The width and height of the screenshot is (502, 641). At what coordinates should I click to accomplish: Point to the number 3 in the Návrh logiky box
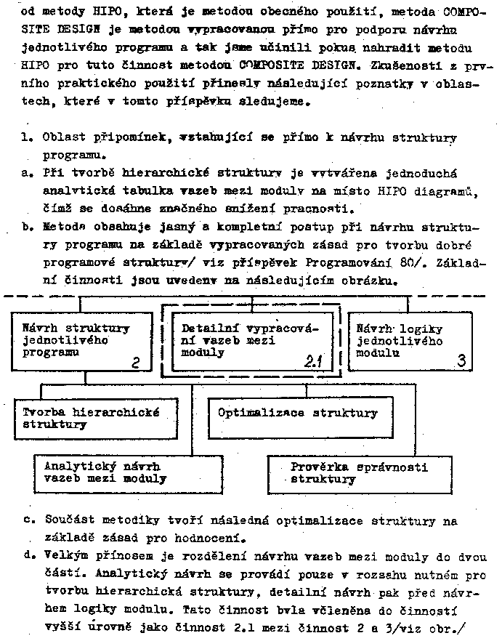coord(461,359)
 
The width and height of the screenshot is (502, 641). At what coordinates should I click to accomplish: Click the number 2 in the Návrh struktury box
coord(135,362)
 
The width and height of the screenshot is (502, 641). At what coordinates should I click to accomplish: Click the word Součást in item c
coord(70,521)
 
